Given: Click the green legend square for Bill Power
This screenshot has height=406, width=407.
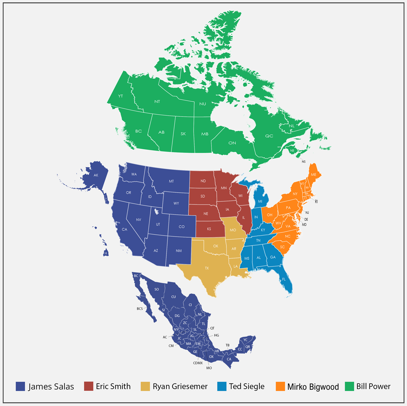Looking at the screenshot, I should click(x=349, y=386).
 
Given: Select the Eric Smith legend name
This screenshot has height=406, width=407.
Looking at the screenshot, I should click(x=113, y=386).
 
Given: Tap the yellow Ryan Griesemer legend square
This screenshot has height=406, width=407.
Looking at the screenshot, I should click(x=145, y=386).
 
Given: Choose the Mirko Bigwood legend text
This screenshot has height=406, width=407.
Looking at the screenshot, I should click(x=313, y=387).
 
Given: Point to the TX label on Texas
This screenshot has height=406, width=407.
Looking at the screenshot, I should click(x=207, y=268).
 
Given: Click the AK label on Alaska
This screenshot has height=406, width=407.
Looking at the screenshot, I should click(x=96, y=175).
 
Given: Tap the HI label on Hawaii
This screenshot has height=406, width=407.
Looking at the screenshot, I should click(x=106, y=253).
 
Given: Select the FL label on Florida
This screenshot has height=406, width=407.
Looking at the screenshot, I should click(x=284, y=279).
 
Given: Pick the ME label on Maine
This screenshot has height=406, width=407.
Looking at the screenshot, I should click(x=313, y=174).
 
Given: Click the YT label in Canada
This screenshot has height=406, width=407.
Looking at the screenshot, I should click(x=120, y=96).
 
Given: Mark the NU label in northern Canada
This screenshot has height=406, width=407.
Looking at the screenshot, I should click(x=202, y=104).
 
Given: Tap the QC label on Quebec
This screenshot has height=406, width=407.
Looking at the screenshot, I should click(x=269, y=136).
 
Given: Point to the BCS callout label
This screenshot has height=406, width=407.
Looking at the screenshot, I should click(x=140, y=309).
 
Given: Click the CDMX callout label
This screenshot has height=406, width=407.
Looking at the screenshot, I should click(x=198, y=363).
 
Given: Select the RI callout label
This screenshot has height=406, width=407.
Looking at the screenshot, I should click(x=316, y=201).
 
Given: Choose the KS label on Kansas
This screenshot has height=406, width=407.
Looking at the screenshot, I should click(x=209, y=229).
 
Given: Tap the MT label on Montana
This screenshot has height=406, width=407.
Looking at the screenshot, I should click(x=171, y=181).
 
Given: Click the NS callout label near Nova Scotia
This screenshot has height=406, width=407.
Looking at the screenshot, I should click(x=304, y=162).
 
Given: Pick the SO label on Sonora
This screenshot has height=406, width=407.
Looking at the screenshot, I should click(x=156, y=289).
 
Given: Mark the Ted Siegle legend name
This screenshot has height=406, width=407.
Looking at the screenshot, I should click(x=247, y=386).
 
